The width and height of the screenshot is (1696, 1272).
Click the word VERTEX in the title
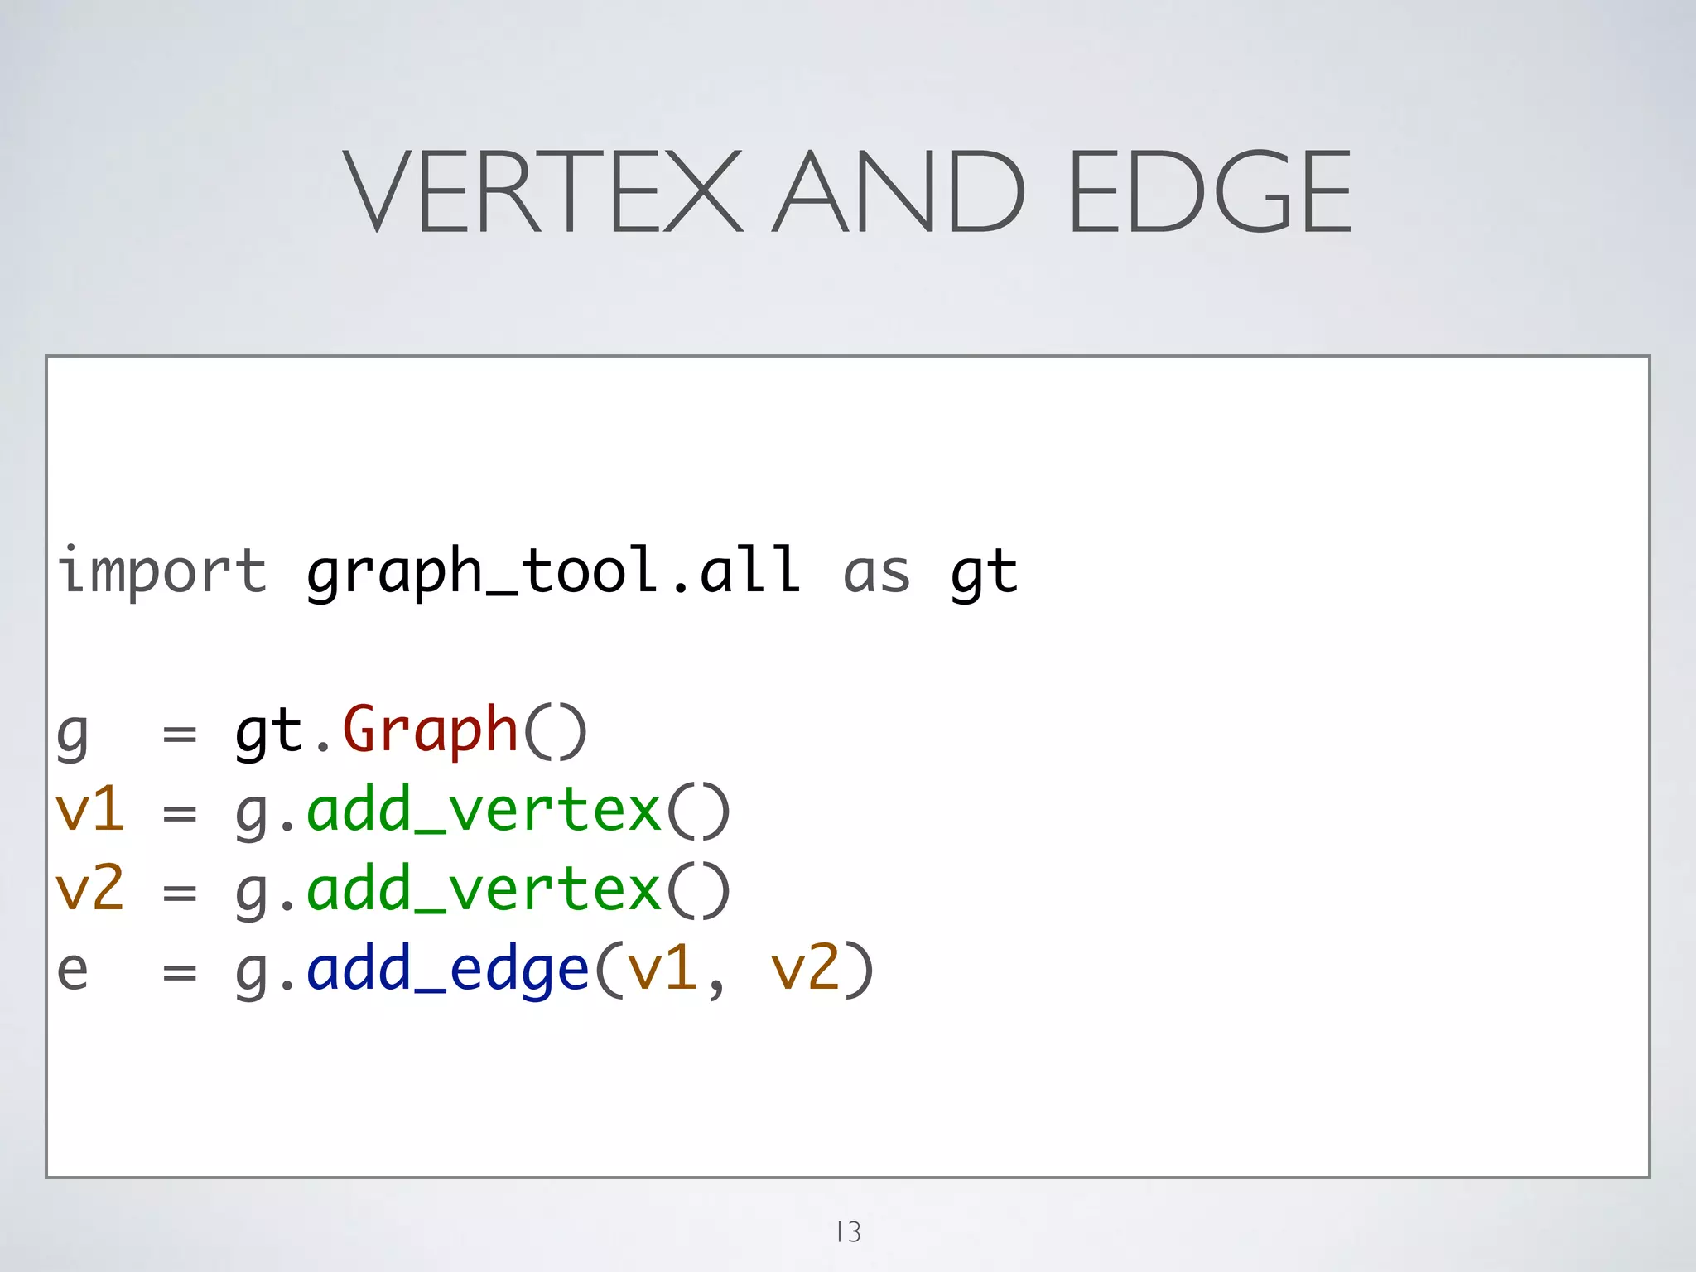tap(542, 191)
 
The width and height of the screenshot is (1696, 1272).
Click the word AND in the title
tap(899, 191)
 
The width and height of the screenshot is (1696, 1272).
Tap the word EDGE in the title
tap(1211, 191)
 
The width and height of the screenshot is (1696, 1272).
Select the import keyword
tap(162, 571)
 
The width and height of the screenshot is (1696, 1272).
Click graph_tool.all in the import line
tap(553, 571)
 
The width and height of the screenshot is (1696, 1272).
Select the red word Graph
tap(430, 731)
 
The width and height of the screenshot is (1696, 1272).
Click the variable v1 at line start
tap(89, 810)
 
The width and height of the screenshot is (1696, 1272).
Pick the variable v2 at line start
tap(89, 889)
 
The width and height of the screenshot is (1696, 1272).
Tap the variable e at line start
tap(73, 969)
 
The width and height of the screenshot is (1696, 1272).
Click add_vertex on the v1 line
tap(484, 810)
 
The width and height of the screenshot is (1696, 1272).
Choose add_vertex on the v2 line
tap(484, 889)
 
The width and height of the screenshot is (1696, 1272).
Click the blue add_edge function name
tap(447, 969)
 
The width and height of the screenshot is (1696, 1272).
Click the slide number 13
tap(848, 1231)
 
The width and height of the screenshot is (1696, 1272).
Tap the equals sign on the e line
tap(180, 971)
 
